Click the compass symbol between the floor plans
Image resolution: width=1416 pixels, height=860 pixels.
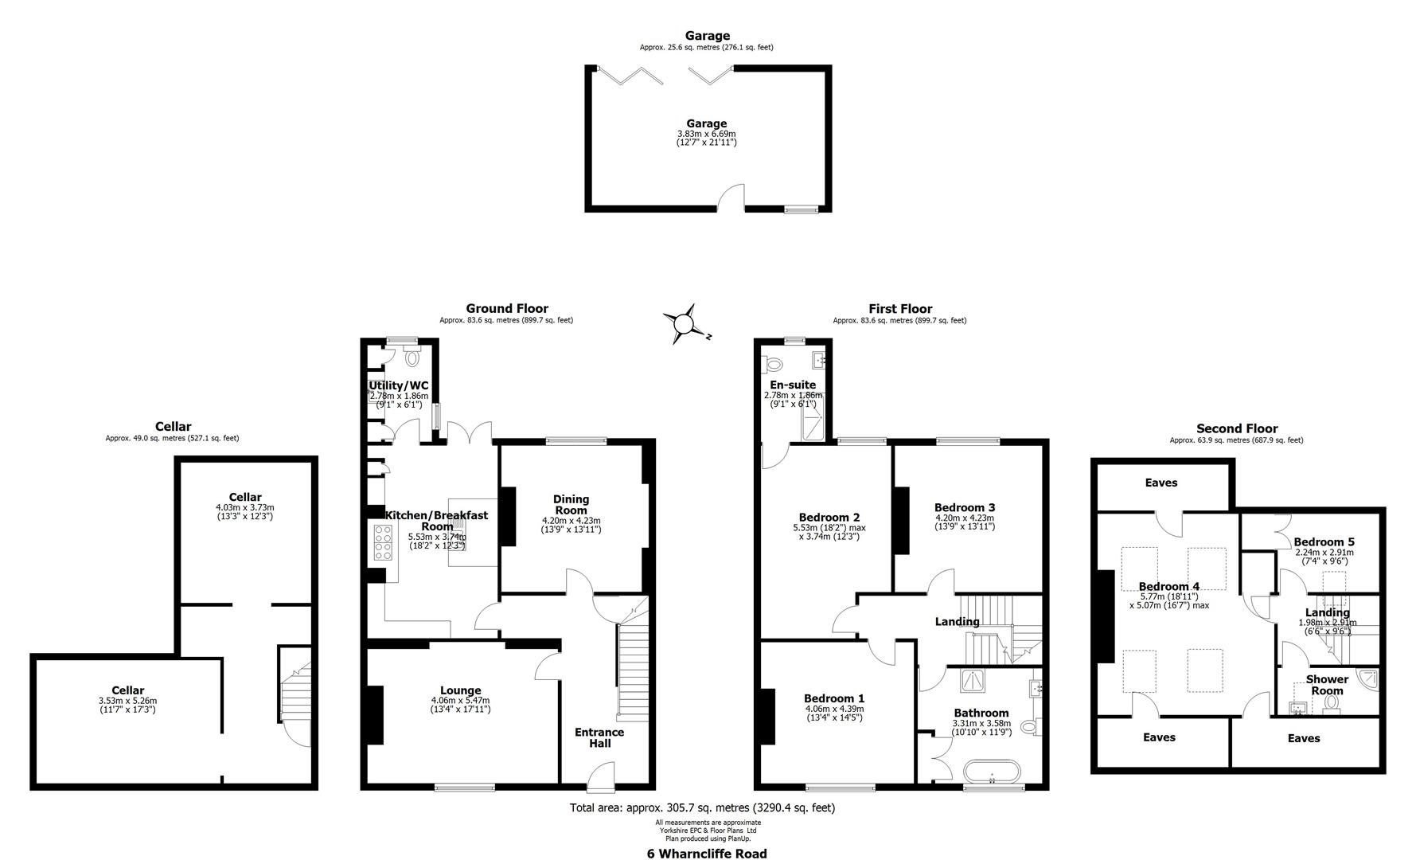[x=684, y=324]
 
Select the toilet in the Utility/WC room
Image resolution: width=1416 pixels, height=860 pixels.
[x=412, y=358]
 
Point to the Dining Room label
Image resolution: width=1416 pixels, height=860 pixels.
[x=571, y=505]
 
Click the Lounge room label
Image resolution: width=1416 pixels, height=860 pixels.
[x=460, y=690]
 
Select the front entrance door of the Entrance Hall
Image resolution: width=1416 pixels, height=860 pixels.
[x=601, y=776]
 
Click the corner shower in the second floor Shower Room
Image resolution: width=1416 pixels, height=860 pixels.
[x=1368, y=682]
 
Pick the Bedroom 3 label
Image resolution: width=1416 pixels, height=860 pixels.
[x=965, y=507]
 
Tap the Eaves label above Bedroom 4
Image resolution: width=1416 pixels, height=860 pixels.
[x=1160, y=483]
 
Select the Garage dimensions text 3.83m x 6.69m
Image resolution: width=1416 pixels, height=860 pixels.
[x=706, y=134]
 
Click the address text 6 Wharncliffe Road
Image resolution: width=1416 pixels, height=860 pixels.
[x=707, y=854]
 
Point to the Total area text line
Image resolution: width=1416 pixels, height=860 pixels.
[x=702, y=807]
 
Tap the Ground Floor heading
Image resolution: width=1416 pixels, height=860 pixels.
[x=507, y=309]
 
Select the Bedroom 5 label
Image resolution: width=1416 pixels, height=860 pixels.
[x=1324, y=541]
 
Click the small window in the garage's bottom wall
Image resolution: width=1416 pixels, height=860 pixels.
[x=801, y=209]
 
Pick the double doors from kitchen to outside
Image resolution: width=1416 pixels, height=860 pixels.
[x=468, y=434]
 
